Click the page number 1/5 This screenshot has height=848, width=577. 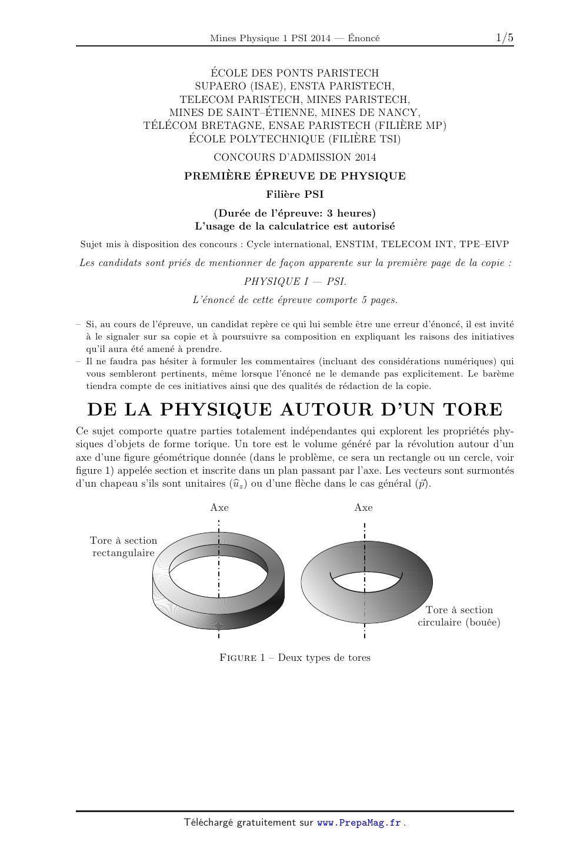(504, 38)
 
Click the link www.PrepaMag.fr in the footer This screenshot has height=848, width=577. (359, 823)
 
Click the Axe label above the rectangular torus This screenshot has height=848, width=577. (219, 507)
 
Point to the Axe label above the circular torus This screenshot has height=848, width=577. (363, 507)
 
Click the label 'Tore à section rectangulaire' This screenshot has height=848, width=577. (124, 547)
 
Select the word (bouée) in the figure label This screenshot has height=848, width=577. (482, 623)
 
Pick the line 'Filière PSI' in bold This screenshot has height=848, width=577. (295, 194)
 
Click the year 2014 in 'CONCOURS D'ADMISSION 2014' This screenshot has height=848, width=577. (365, 157)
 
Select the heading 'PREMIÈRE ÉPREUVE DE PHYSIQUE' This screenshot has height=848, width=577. (295, 176)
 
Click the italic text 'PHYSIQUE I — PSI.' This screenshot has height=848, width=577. (295, 281)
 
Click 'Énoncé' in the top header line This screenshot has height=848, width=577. (363, 38)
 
